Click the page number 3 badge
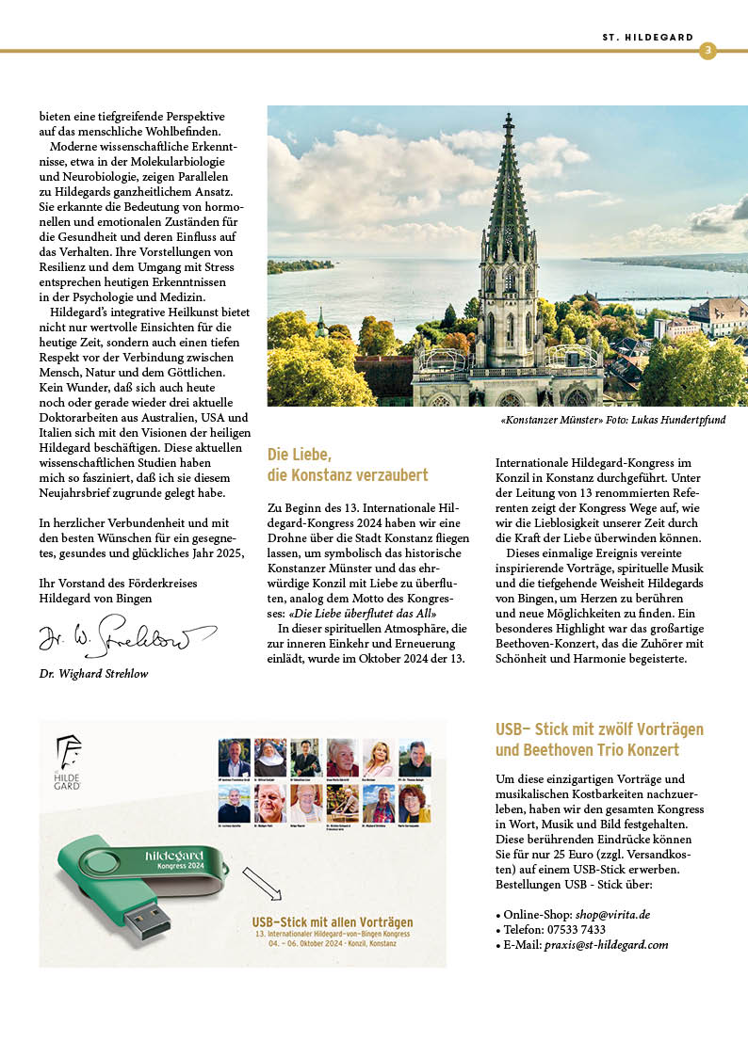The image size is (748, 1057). pos(707,50)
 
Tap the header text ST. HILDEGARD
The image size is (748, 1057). pos(647,38)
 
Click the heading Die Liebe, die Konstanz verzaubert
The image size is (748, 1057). pos(348,464)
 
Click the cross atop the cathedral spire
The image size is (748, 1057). pos(509,120)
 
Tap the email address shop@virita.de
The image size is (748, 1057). pos(613,914)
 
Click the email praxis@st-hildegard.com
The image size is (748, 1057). pos(610,944)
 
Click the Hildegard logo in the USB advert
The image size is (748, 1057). pos(68,761)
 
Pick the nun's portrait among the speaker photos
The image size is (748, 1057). pos(270,758)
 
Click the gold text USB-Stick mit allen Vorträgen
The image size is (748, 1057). pos(332,921)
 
